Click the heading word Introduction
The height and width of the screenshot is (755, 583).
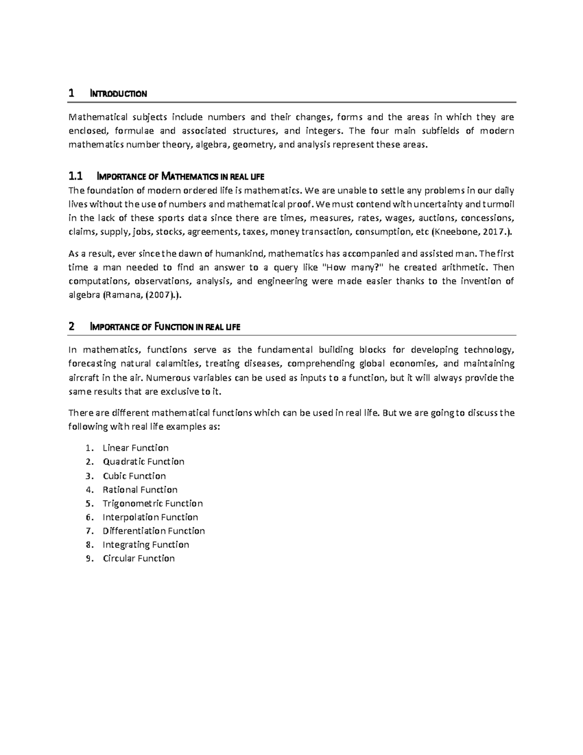[x=119, y=94]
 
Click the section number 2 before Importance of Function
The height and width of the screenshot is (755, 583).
[x=71, y=327]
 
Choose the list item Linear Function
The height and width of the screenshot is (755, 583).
[x=136, y=448]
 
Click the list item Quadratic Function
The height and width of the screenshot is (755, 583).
[x=143, y=461]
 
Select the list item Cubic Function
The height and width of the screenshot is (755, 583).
[x=134, y=475]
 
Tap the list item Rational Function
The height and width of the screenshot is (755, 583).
[x=140, y=490]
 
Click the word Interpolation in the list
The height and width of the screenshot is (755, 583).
[x=131, y=517]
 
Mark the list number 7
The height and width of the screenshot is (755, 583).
[x=88, y=531]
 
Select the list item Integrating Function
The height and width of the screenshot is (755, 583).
[x=146, y=544]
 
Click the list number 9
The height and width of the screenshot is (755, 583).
[x=88, y=559]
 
